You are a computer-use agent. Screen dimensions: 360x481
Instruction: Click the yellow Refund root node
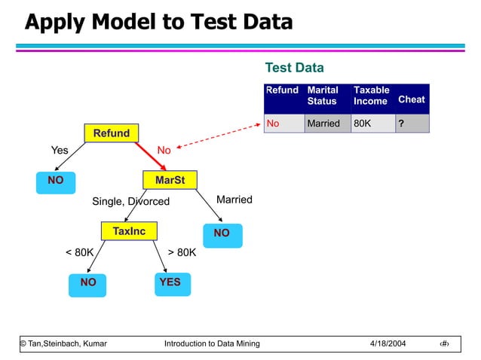(x=111, y=133)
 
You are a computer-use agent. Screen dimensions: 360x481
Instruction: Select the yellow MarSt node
(x=170, y=181)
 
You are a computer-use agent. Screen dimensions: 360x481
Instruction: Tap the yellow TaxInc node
(x=129, y=231)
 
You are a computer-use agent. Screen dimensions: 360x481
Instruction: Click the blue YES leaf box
(x=170, y=282)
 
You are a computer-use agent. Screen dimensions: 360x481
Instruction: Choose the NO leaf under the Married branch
(x=221, y=234)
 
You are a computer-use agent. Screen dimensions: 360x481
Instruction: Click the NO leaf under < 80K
(x=88, y=283)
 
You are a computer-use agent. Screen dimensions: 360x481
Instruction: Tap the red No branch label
(x=164, y=151)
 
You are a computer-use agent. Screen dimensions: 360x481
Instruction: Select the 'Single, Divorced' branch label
(x=130, y=202)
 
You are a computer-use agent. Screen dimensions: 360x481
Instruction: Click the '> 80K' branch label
(x=182, y=252)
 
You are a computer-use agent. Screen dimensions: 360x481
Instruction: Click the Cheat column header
(x=411, y=99)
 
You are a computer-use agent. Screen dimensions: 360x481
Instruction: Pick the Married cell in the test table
(x=323, y=124)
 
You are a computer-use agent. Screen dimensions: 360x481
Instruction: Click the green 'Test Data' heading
(x=295, y=69)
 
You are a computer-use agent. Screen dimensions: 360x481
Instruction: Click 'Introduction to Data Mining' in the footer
(x=212, y=344)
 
